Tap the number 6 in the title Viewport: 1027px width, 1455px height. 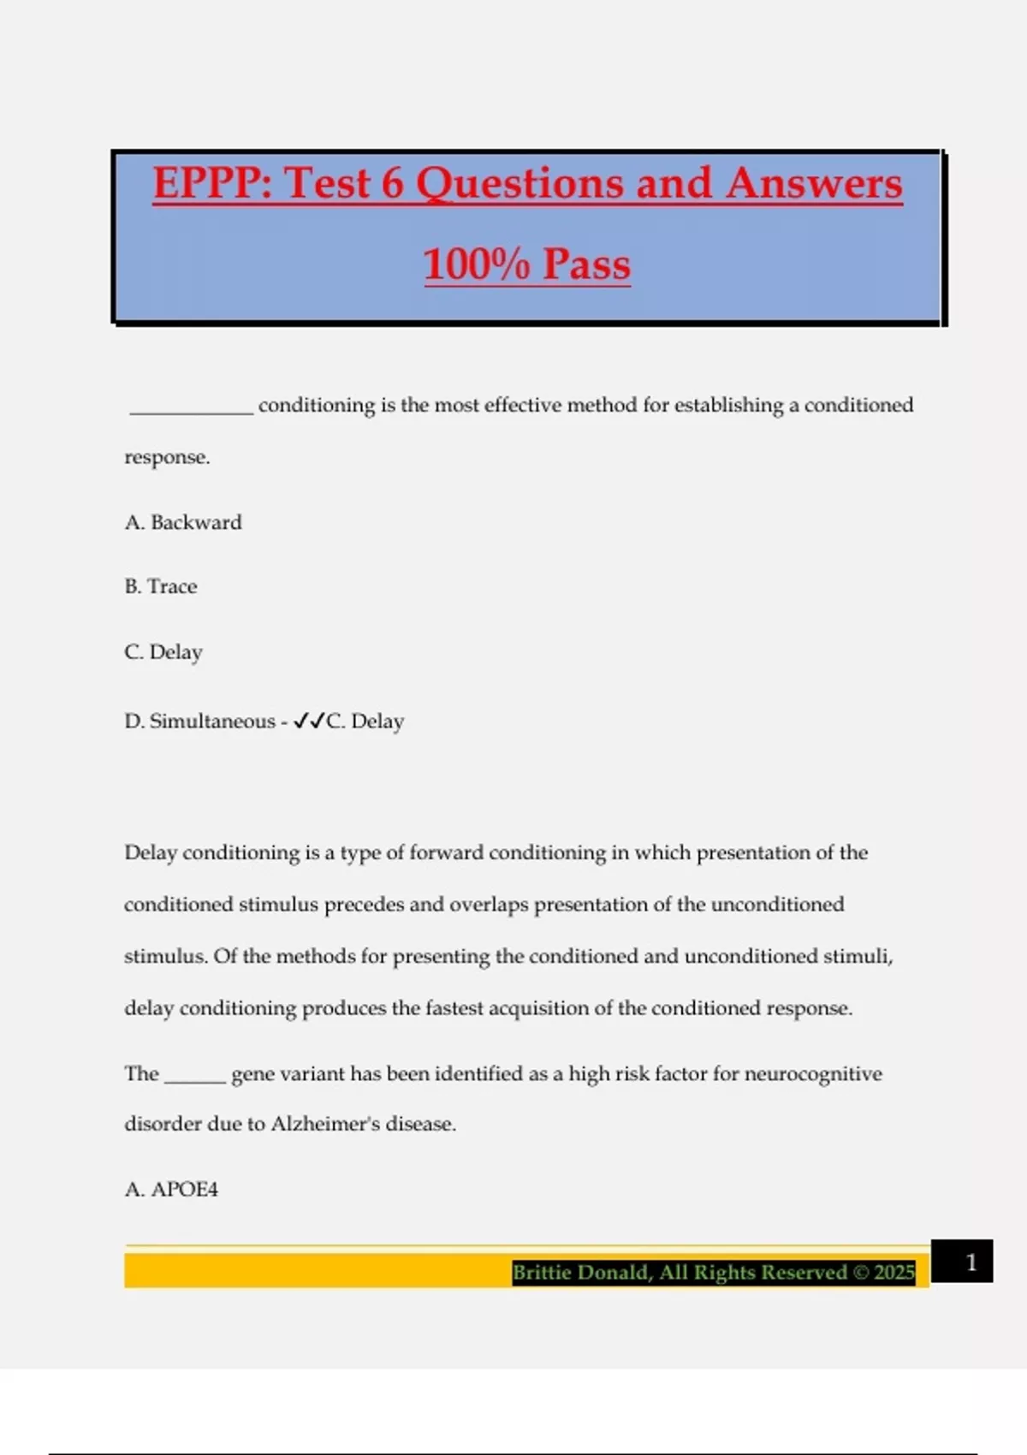point(392,183)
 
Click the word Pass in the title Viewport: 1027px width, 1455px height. point(586,264)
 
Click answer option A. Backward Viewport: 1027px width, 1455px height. point(183,522)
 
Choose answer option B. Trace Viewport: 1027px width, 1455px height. point(161,586)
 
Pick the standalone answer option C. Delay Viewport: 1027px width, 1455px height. point(163,652)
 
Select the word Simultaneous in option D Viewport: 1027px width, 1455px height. point(212,722)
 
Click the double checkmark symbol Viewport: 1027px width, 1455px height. point(308,722)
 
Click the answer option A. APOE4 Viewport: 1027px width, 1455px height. point(171,1189)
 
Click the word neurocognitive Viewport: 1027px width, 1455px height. point(813,1074)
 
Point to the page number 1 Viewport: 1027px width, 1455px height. point(971,1262)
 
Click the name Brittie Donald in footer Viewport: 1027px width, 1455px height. point(582,1273)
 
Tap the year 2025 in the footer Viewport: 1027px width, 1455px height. point(894,1273)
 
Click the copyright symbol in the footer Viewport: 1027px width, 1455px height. point(860,1273)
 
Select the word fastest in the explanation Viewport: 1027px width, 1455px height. point(454,1008)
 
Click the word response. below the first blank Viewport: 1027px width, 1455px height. point(167,458)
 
